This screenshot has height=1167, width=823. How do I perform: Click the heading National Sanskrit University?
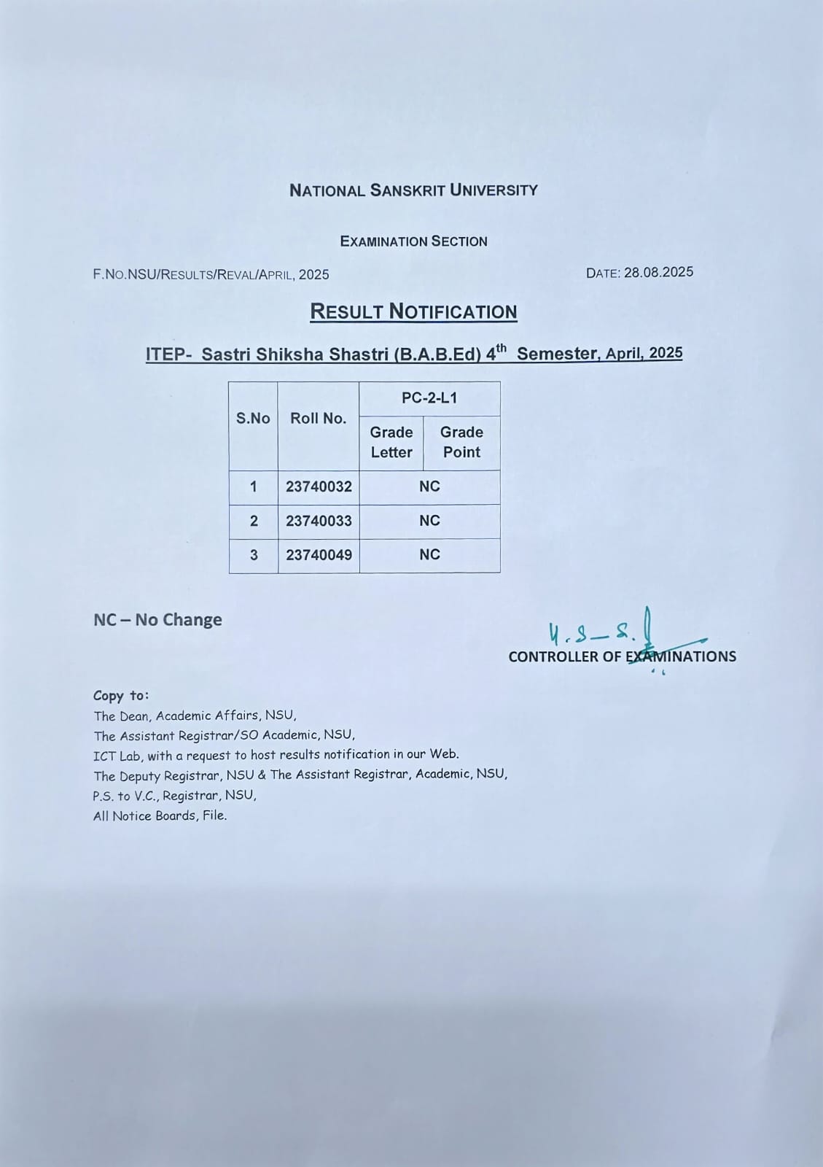tap(413, 190)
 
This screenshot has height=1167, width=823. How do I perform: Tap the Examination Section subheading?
tap(413, 241)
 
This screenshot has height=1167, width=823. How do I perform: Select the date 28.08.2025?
tap(658, 272)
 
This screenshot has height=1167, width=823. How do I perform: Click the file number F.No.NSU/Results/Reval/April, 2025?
tap(211, 275)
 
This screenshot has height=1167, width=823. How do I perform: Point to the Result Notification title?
tap(413, 311)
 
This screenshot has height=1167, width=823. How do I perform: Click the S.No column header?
tap(253, 419)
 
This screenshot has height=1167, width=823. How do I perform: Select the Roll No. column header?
tap(319, 419)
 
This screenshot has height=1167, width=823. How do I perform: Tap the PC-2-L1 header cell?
tap(429, 398)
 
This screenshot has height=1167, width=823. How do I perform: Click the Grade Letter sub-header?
tap(391, 442)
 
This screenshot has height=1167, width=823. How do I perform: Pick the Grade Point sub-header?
tap(461, 442)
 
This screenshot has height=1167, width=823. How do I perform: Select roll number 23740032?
tap(319, 486)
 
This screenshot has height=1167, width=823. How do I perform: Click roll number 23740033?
tap(319, 521)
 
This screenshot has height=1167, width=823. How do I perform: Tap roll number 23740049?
tap(319, 555)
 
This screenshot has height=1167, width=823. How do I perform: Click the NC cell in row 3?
tap(429, 555)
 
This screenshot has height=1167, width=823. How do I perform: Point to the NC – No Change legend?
tap(157, 620)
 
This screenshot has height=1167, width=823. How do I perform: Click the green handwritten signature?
tap(605, 631)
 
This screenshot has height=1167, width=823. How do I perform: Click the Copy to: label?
tap(121, 696)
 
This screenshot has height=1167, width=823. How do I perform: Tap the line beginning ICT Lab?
tap(276, 755)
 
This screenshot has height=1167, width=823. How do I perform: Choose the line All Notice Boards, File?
tap(160, 815)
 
